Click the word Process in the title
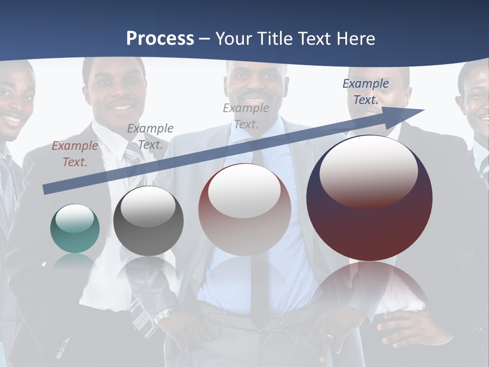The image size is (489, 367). (x=160, y=39)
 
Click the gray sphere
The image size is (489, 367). (x=148, y=221)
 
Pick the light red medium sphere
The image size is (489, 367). (x=244, y=209)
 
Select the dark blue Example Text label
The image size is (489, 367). (x=366, y=92)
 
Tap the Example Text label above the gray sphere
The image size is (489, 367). (x=150, y=136)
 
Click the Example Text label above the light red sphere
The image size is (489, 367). (x=246, y=116)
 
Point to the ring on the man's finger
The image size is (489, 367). (x=330, y=337)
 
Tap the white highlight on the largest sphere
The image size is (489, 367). (x=368, y=171)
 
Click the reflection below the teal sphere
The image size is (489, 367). (x=75, y=262)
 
